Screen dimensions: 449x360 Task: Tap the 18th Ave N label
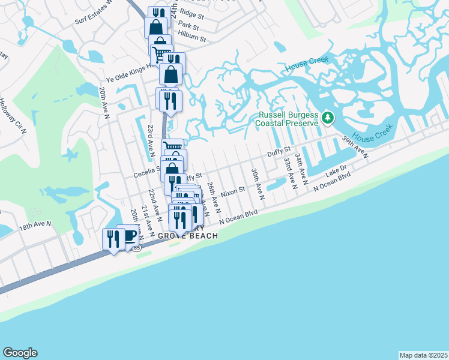35,226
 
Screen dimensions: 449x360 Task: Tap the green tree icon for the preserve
327,116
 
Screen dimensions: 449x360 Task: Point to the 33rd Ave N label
290,173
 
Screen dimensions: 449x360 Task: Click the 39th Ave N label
355,148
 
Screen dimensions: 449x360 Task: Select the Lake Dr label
336,172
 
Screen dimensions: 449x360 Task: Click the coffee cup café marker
128,235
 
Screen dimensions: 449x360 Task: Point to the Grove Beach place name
187,236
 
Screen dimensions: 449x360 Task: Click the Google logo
20,353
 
